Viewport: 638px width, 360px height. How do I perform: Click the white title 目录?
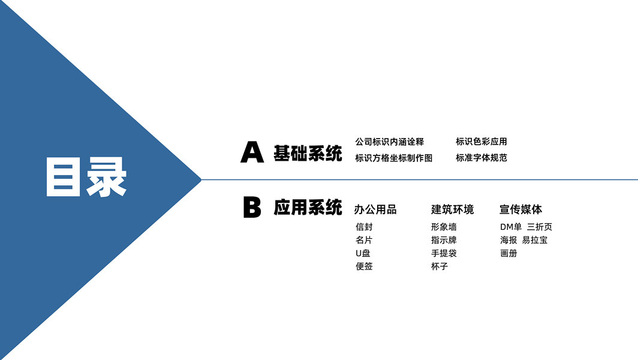[86, 178]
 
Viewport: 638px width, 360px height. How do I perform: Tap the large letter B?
[252, 208]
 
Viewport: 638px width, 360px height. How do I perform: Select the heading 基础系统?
[308, 153]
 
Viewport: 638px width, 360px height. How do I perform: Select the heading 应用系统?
[308, 208]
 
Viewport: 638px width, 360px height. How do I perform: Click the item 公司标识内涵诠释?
[389, 142]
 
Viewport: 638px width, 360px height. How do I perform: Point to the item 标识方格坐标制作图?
[393, 158]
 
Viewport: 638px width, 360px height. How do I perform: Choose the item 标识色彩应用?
[481, 142]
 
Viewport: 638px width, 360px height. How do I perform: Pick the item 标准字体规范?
[481, 158]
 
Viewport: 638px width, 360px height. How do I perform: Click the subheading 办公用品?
[375, 210]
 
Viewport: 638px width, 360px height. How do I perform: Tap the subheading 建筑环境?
[452, 210]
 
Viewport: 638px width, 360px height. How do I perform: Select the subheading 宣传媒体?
[520, 210]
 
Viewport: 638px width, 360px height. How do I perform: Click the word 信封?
[364, 227]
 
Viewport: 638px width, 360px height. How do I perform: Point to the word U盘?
[363, 253]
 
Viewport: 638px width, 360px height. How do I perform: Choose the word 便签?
[364, 266]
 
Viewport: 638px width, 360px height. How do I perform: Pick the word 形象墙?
[444, 227]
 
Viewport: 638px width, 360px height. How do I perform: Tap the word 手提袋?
[444, 253]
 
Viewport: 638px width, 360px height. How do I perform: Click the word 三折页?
[540, 227]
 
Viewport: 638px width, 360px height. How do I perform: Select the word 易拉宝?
[535, 240]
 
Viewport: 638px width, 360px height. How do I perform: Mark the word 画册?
[508, 253]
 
